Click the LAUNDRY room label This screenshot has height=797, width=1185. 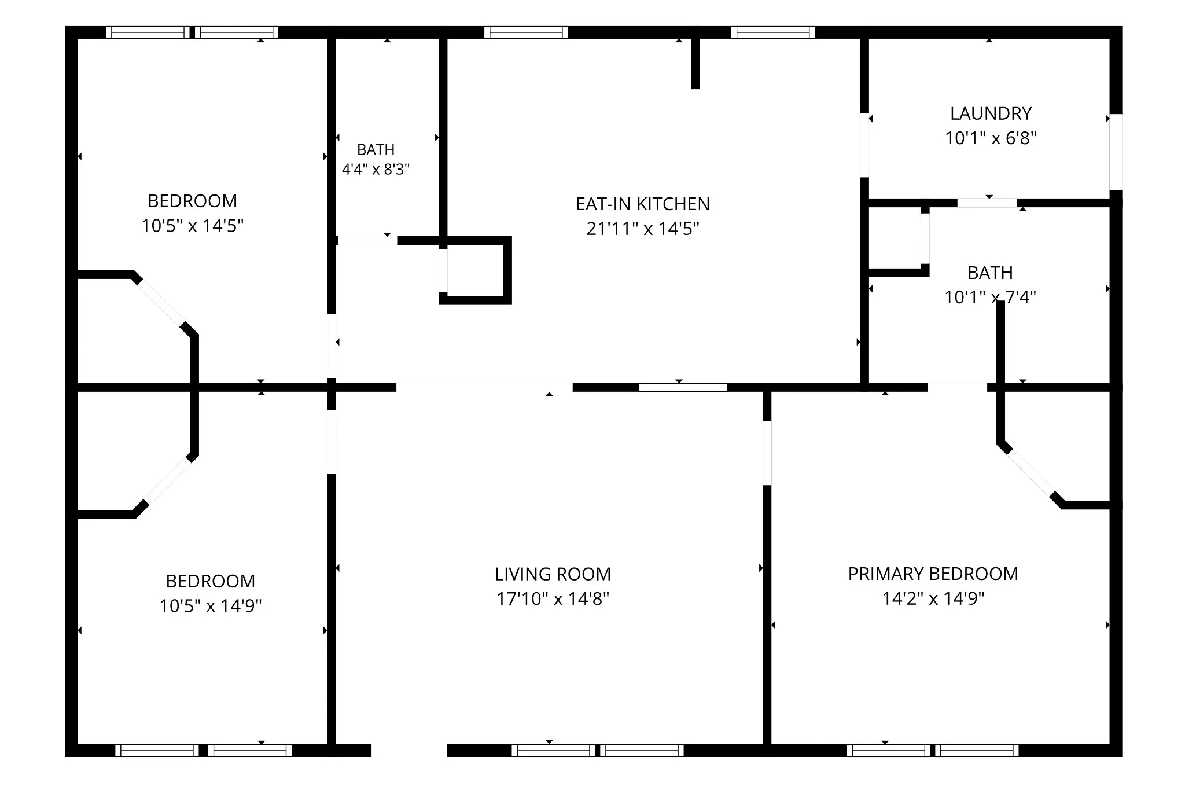click(991, 113)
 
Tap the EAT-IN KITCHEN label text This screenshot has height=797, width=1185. click(643, 204)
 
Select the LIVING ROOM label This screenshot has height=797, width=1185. click(553, 574)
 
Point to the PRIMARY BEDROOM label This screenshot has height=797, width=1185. click(933, 574)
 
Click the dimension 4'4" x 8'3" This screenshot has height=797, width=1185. click(376, 170)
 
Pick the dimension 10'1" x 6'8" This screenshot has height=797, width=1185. click(991, 138)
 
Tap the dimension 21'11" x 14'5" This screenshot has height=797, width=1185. click(643, 229)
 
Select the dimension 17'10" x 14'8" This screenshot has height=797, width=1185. click(553, 598)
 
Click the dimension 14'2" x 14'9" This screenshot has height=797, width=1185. click(933, 598)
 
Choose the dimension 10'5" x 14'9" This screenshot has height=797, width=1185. click(211, 606)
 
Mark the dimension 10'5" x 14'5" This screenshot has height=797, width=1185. click(193, 226)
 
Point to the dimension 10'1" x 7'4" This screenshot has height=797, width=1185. click(990, 298)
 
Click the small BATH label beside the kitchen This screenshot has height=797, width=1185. click(376, 150)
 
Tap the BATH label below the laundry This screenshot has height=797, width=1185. click(990, 273)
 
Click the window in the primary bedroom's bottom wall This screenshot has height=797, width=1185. click(932, 750)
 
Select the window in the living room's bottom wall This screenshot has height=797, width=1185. click(598, 750)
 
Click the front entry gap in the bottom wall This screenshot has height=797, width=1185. click(409, 750)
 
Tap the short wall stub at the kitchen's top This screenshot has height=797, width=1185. click(695, 63)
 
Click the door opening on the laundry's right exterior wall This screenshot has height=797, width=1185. click(1116, 152)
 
